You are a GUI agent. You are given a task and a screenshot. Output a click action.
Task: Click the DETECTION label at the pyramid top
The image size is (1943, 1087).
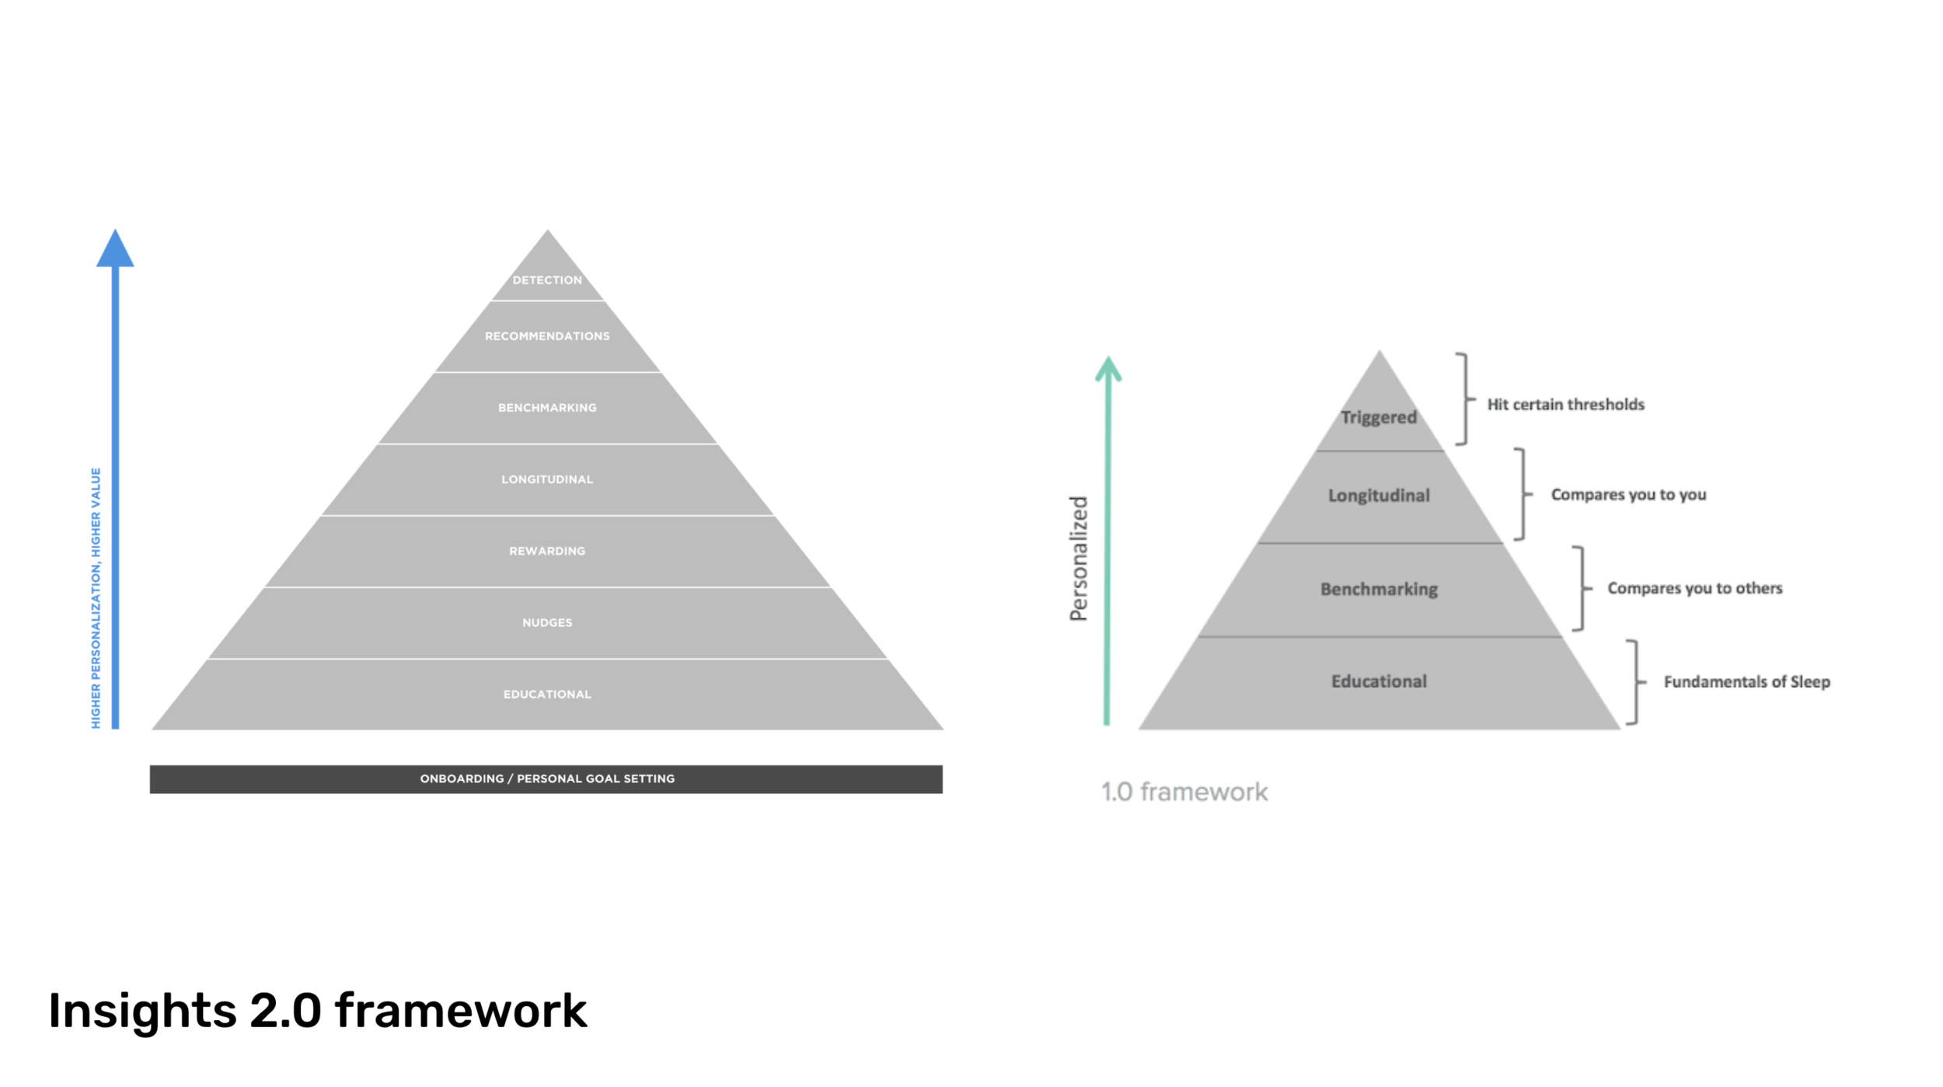(x=547, y=280)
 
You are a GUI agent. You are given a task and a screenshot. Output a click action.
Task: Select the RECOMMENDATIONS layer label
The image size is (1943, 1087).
(x=547, y=336)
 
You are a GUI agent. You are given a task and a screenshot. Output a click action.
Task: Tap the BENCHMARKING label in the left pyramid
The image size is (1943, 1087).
(x=547, y=408)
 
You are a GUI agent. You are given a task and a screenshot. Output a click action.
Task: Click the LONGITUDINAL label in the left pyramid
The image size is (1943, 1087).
(x=547, y=479)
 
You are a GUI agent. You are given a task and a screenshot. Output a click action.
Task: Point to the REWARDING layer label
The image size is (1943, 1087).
(x=547, y=551)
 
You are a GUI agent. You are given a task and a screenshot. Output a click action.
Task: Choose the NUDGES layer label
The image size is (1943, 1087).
(x=547, y=622)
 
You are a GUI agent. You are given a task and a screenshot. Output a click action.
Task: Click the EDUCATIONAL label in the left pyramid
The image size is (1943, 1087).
(x=547, y=694)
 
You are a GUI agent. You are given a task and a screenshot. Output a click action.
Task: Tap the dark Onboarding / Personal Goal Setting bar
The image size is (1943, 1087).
(x=546, y=779)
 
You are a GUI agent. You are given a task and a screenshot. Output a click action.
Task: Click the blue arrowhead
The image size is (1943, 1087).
(x=115, y=250)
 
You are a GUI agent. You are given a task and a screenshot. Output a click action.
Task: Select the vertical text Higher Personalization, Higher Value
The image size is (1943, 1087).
(x=96, y=598)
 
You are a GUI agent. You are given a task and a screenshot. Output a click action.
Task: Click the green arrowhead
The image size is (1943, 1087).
(x=1108, y=370)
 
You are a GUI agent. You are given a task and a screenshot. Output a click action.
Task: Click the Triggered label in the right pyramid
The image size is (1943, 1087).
(x=1378, y=417)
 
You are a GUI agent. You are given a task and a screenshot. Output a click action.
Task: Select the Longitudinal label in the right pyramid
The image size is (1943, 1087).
(x=1378, y=495)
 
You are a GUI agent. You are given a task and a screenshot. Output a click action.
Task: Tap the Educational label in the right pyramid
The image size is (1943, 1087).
(x=1378, y=681)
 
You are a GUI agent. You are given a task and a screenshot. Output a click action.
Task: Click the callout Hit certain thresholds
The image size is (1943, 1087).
(x=1565, y=404)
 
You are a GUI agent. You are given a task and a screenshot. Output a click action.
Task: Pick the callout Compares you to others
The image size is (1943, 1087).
(x=1694, y=588)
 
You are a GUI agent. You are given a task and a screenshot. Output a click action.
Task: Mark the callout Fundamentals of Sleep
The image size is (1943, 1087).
(x=1746, y=681)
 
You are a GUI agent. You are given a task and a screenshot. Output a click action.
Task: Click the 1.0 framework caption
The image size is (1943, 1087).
(x=1184, y=792)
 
